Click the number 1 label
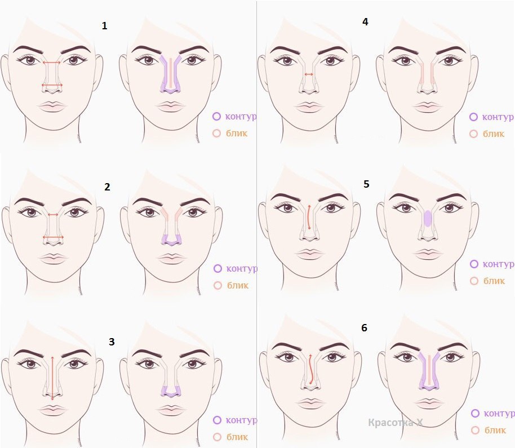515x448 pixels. point(104,25)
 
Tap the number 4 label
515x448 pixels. point(365,21)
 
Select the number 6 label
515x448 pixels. point(364,328)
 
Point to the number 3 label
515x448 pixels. point(112,342)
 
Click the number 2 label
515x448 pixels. point(107,187)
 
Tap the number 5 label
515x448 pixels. point(367,184)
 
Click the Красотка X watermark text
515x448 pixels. point(396,423)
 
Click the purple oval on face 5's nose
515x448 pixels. point(428,219)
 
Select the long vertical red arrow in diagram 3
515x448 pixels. point(52,378)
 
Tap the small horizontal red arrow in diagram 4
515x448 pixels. point(309,74)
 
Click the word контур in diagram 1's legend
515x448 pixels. point(241,116)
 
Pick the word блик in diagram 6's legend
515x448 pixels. point(495,430)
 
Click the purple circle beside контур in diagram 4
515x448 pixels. point(473,117)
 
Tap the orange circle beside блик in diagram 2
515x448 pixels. point(217,285)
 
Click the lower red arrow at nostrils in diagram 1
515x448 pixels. point(52,86)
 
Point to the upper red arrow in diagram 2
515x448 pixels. point(53,215)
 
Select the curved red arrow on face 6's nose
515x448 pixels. point(310,369)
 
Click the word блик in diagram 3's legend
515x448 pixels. point(237,437)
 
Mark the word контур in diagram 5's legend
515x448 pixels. point(498,264)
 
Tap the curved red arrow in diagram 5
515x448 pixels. point(308,218)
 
